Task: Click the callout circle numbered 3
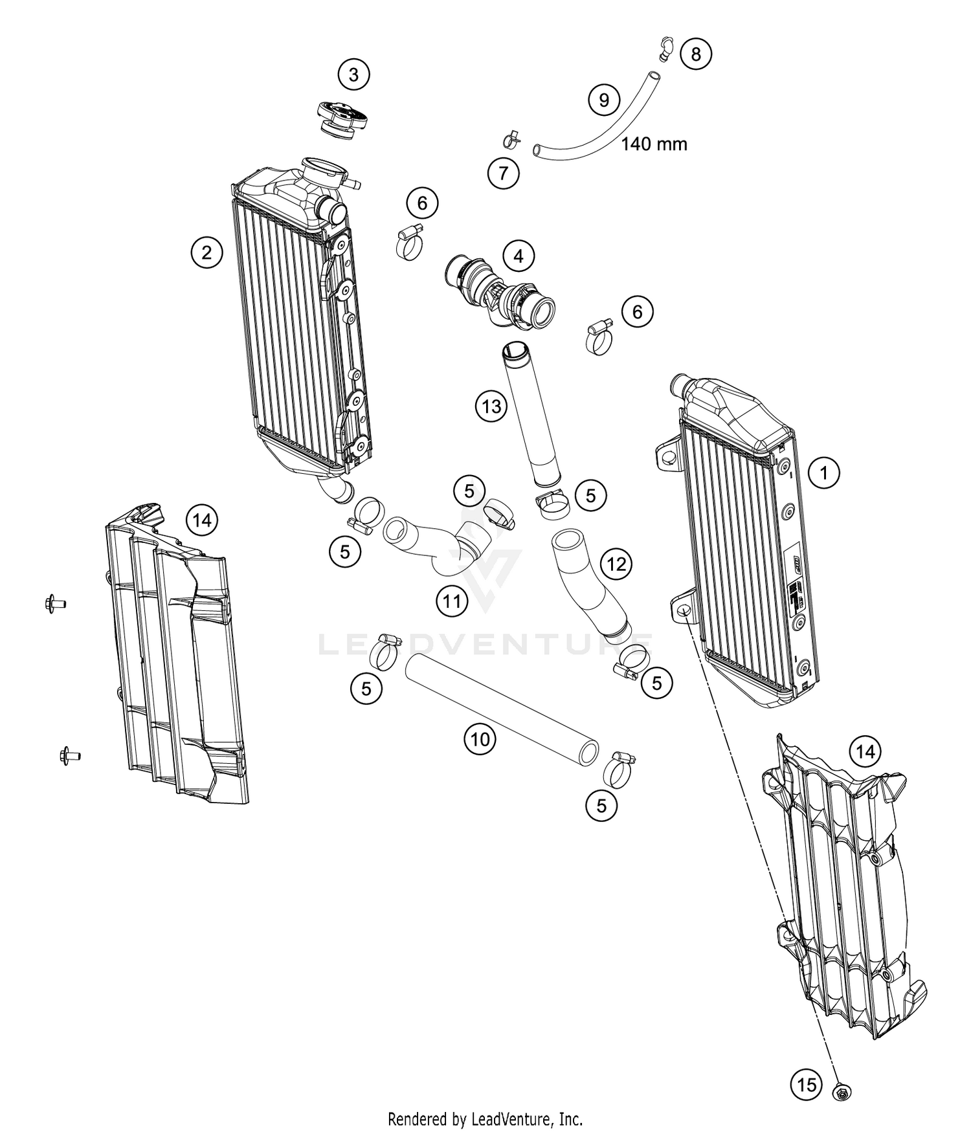point(353,75)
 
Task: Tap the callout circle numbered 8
point(696,54)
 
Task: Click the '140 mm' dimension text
point(654,144)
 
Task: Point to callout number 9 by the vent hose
point(604,100)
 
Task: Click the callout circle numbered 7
point(504,173)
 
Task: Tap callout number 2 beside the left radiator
point(206,252)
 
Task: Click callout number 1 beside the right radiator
point(824,473)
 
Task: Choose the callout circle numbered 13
point(491,406)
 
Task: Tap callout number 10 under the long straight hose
point(480,739)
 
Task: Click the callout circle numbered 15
point(807,1084)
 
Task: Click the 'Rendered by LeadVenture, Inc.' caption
point(485,1118)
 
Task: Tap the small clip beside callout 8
point(662,49)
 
